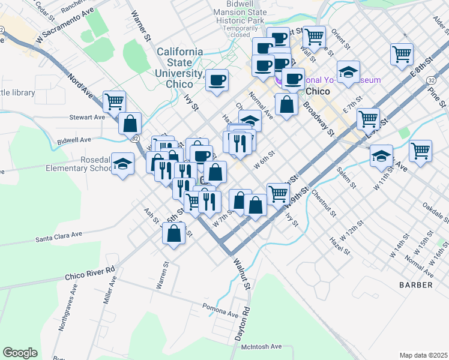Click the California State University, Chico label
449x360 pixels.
pos(179,68)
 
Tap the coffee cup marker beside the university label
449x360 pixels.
pos(217,79)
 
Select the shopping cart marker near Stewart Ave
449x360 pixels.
pos(113,101)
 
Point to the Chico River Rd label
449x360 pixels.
pos(89,274)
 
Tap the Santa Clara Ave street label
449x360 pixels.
pos(59,237)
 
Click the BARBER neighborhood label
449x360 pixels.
pos(416,285)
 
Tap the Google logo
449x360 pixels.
pos(20,353)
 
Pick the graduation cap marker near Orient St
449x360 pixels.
pos(348,71)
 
